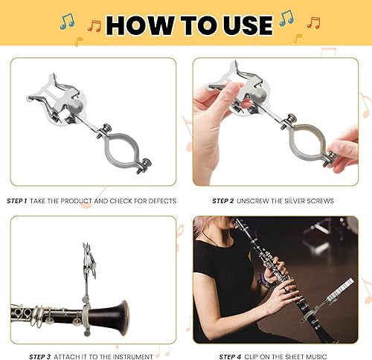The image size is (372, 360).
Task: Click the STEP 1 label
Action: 17,201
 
